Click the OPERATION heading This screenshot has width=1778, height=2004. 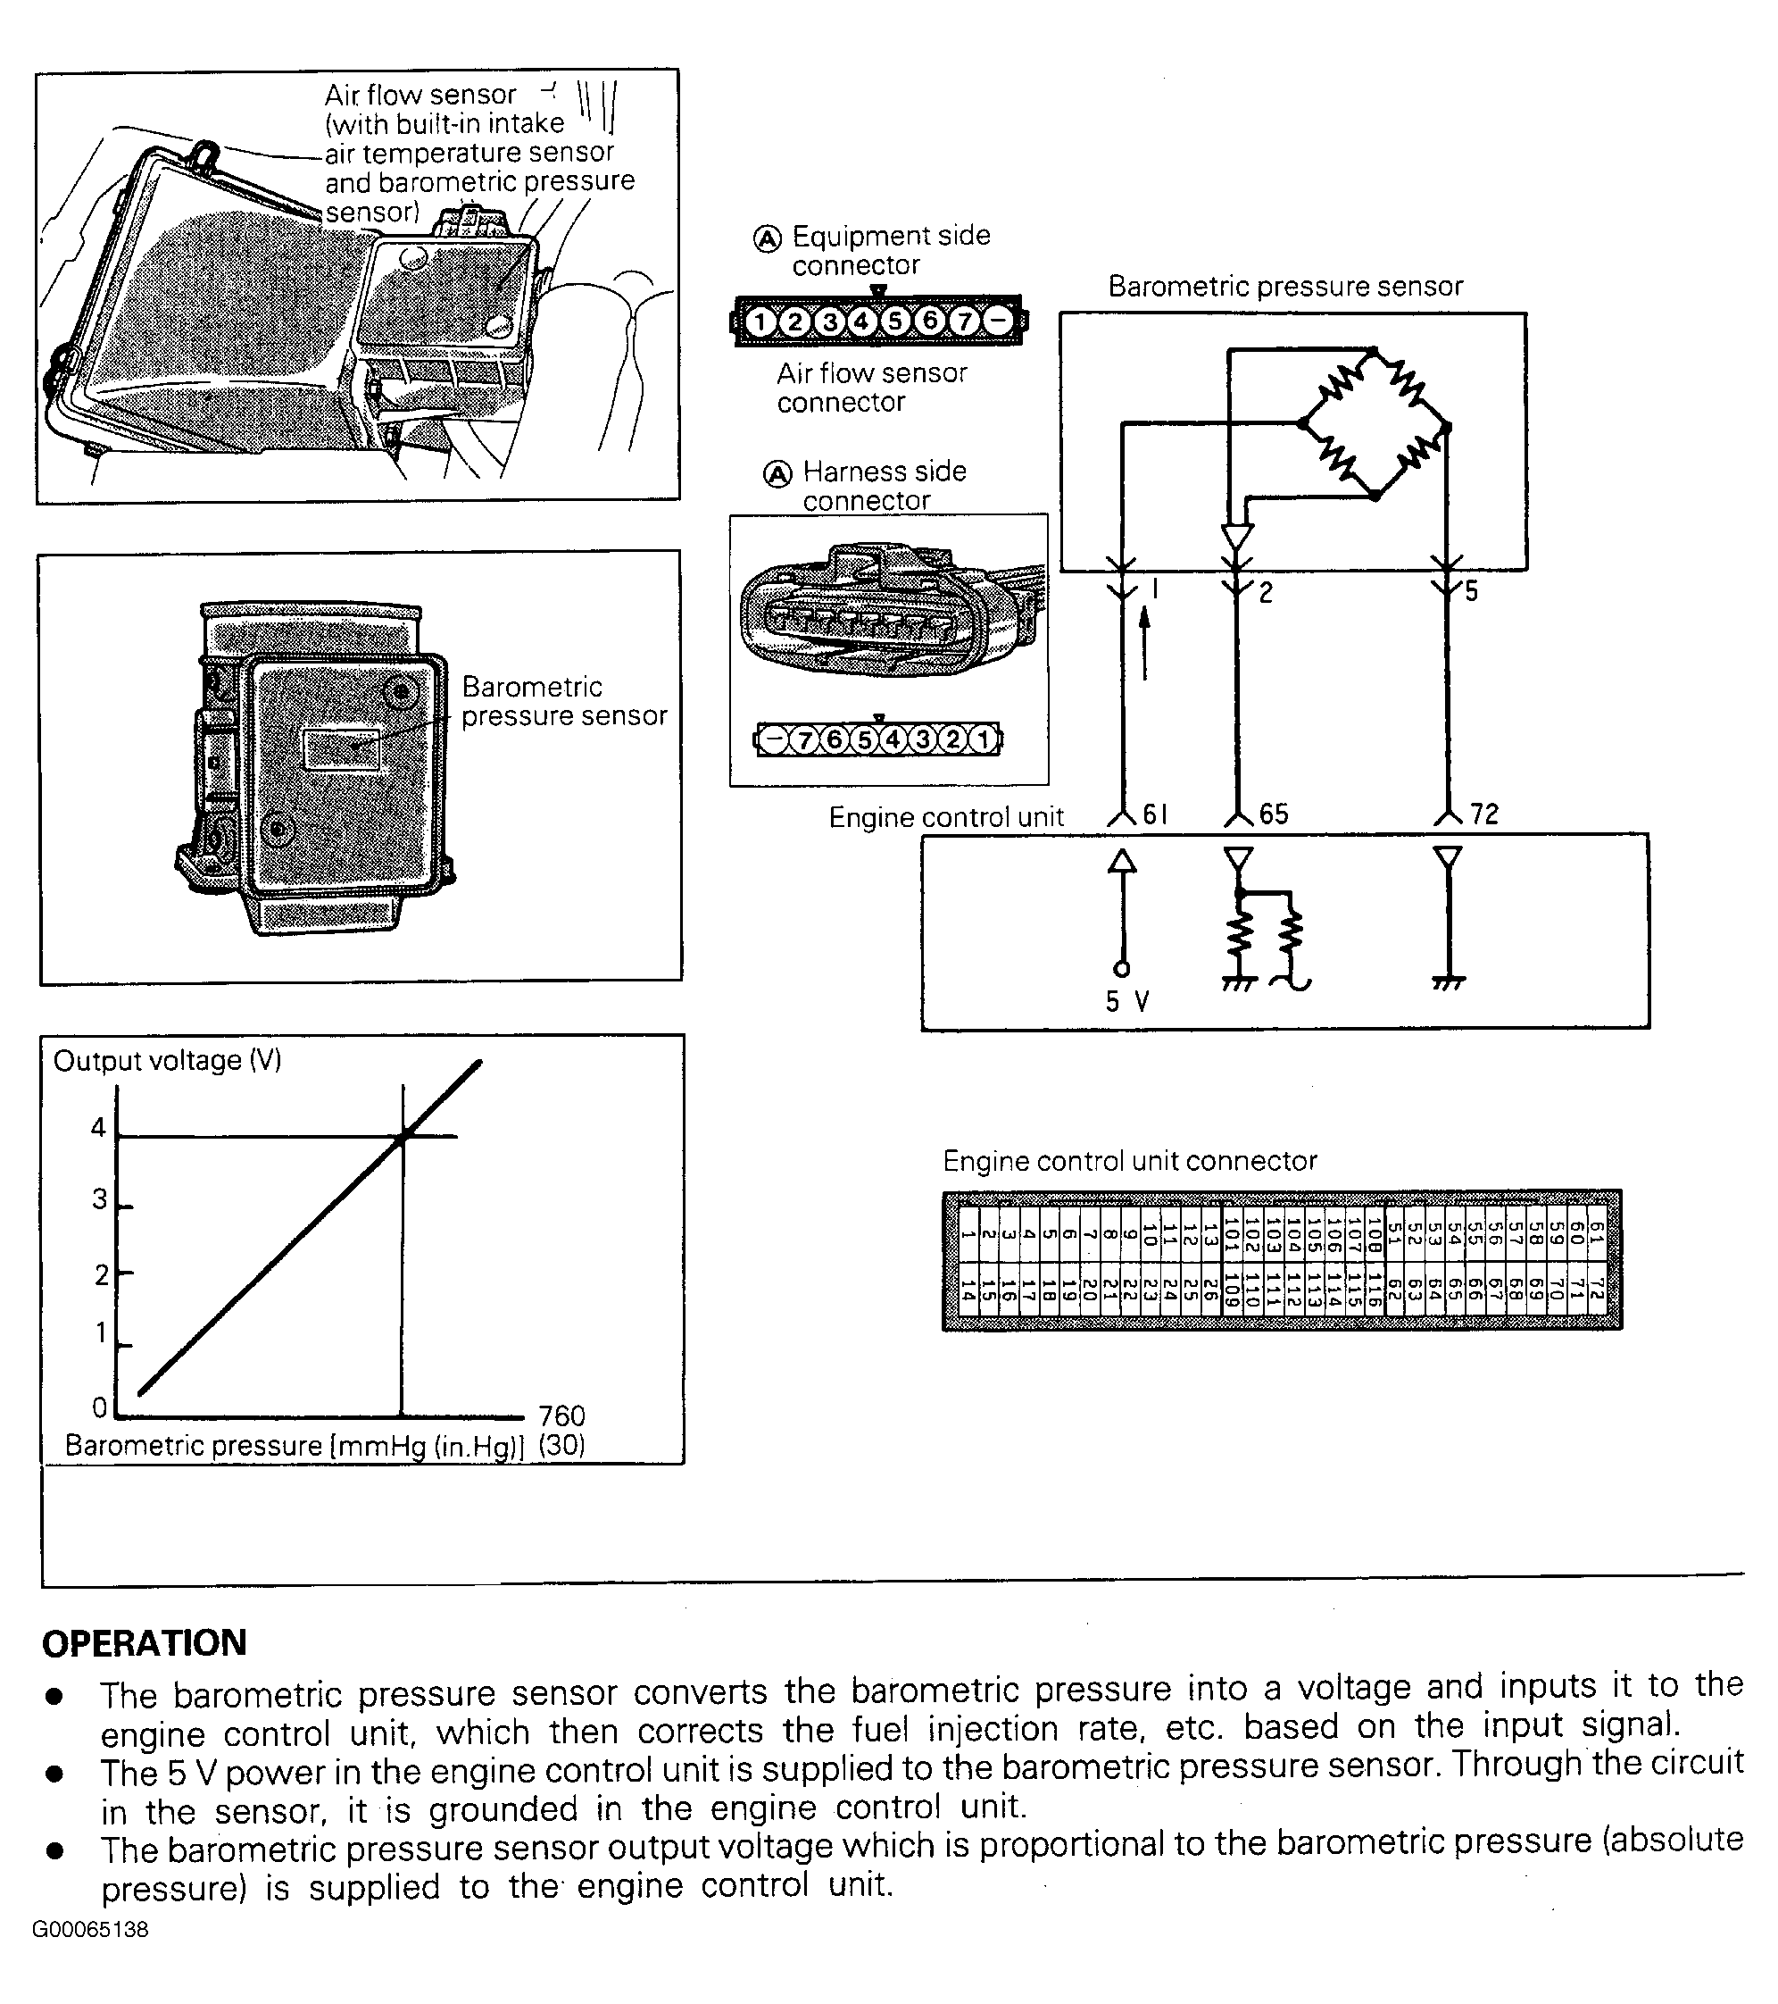tap(144, 1643)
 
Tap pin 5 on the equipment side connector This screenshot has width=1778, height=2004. tap(896, 321)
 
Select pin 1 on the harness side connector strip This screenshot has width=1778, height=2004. tap(983, 739)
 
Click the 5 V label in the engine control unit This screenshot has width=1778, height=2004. tap(1127, 1001)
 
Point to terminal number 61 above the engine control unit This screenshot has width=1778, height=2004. tap(1156, 814)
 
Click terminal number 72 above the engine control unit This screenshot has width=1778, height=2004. tap(1484, 814)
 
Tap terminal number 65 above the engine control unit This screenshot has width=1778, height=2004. tap(1273, 814)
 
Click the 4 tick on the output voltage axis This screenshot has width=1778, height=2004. tap(98, 1129)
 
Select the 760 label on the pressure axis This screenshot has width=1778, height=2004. tap(561, 1415)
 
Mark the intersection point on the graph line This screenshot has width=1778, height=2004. tap(403, 1136)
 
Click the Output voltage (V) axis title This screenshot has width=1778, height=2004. tap(168, 1061)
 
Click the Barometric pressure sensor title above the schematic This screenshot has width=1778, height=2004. tap(1285, 287)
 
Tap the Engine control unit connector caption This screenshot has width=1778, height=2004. tap(1129, 1161)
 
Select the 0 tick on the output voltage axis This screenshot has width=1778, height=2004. tap(99, 1408)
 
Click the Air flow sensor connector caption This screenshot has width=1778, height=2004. tap(870, 388)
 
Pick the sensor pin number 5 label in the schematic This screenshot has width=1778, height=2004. tap(1471, 591)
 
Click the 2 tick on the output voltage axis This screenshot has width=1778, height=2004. tap(100, 1274)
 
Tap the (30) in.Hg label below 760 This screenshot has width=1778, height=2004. tap(561, 1445)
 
